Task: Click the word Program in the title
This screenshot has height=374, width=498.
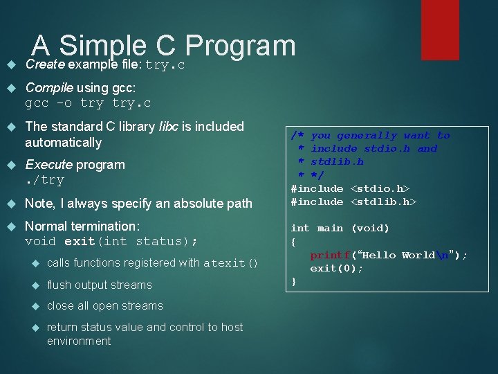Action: coord(240,46)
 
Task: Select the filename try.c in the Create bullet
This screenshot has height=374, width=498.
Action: coord(165,65)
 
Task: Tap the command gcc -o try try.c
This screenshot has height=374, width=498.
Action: coord(88,103)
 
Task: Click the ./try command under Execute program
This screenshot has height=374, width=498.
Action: coord(44,180)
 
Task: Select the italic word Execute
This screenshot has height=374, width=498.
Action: coord(48,165)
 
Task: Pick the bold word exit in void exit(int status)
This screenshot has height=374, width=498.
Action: coord(80,242)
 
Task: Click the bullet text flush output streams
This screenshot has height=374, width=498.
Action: coord(99,285)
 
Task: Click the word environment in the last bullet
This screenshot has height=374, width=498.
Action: coord(78,341)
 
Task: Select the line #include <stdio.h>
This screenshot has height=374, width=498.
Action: coord(350,188)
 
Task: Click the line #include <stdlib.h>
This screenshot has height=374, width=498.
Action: coord(353,202)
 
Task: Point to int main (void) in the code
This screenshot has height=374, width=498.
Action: coord(340,228)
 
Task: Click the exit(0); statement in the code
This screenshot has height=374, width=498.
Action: coord(336,268)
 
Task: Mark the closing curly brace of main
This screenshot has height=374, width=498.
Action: coord(294,281)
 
